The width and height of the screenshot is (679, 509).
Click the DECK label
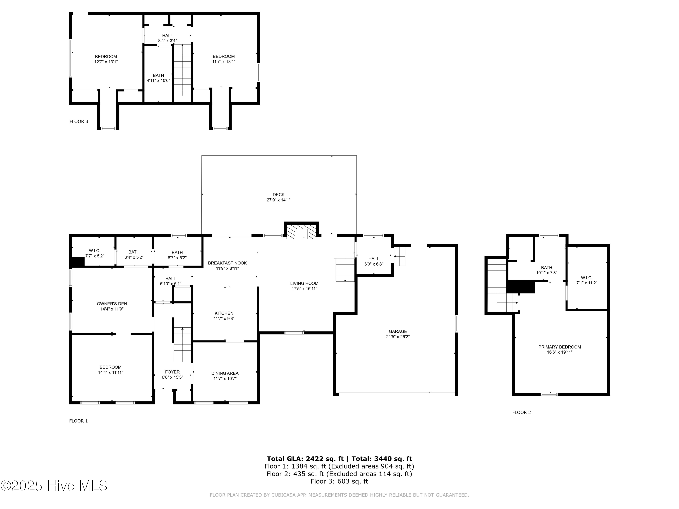(278, 195)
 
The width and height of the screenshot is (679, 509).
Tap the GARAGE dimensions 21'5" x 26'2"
(398, 337)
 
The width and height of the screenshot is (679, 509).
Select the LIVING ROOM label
(304, 283)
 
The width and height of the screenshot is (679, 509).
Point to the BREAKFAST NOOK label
(227, 263)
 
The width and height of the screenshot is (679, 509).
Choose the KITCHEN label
(224, 313)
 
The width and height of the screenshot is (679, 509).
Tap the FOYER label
(172, 372)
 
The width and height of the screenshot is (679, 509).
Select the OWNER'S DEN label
(112, 304)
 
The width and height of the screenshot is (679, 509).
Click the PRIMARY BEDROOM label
(559, 347)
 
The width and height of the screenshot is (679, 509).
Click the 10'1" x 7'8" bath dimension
(546, 272)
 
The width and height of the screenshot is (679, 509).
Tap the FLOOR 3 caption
(79, 121)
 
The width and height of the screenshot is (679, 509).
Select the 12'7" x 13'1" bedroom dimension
(106, 62)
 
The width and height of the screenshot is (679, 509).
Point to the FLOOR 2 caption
(521, 412)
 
